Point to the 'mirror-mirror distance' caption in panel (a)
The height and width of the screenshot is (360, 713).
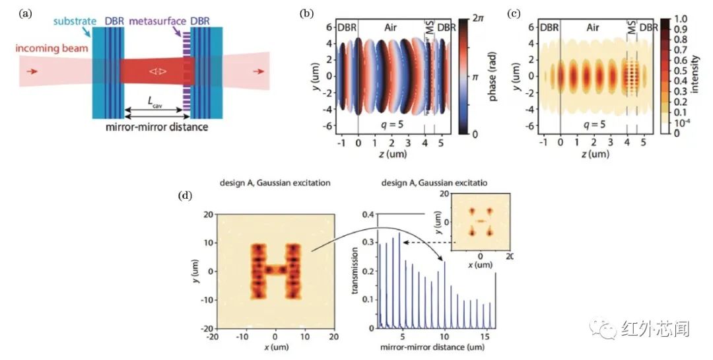click(152, 126)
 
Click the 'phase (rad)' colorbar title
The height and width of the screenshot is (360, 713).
click(496, 77)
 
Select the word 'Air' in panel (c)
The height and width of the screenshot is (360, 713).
click(592, 28)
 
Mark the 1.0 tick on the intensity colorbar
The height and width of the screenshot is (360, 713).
click(682, 20)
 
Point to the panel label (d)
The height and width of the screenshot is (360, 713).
click(187, 196)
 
